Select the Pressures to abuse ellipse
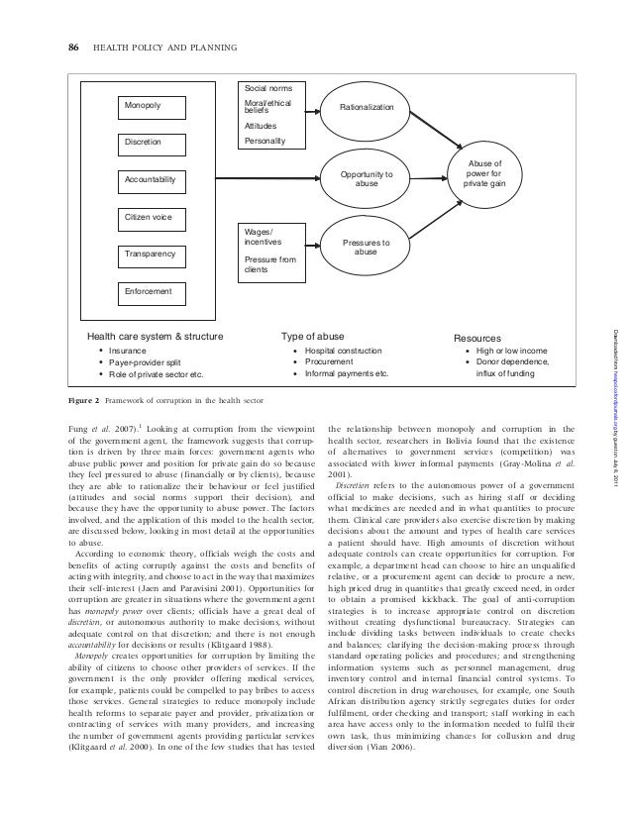(x=367, y=247)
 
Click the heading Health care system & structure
(x=156, y=338)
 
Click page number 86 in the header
(x=72, y=46)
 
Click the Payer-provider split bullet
(x=150, y=362)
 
